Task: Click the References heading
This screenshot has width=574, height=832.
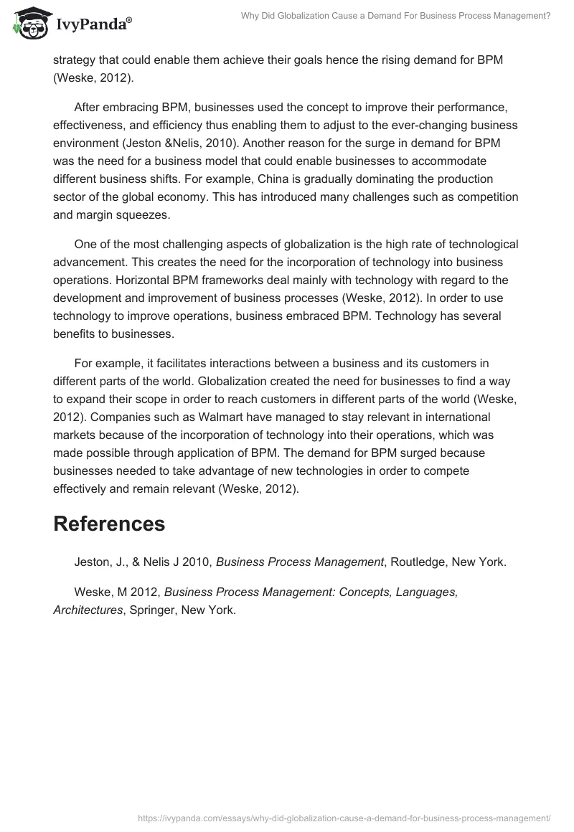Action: click(109, 524)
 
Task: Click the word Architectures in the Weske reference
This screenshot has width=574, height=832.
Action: click(88, 610)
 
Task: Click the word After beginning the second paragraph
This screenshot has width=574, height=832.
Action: click(89, 109)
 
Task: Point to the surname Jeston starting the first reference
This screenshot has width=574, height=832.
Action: click(92, 562)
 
